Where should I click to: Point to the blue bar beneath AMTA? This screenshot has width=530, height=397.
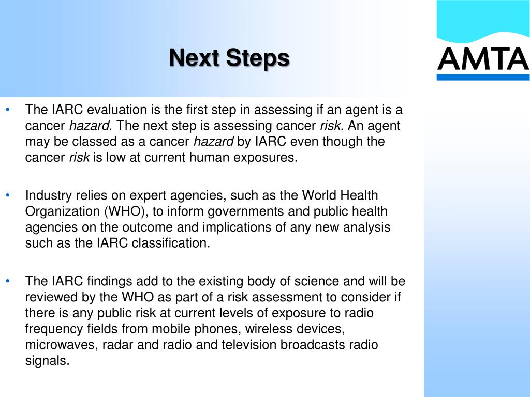point(482,77)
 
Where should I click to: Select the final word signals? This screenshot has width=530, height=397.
point(47,361)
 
